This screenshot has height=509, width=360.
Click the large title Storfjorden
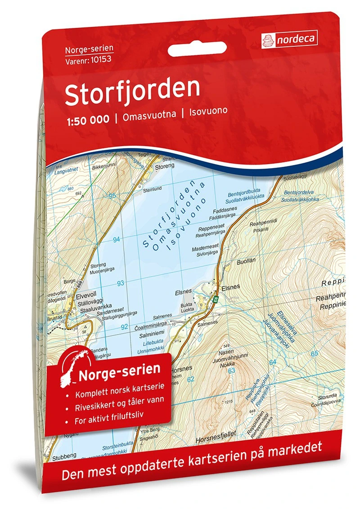[x=132, y=89]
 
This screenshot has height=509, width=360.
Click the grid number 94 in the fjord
[x=117, y=239]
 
